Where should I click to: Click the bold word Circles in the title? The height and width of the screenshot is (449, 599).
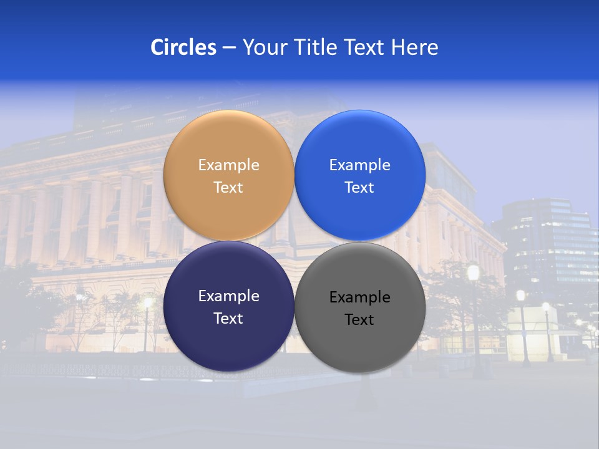[183, 47]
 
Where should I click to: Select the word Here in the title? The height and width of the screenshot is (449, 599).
[415, 47]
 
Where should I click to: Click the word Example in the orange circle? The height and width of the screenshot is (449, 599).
[228, 165]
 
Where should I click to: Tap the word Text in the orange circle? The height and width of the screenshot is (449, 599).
[228, 188]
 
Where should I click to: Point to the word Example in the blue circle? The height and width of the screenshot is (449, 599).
[359, 165]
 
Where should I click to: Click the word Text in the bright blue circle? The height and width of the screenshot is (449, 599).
[359, 188]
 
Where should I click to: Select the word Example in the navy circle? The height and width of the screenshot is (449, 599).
[228, 296]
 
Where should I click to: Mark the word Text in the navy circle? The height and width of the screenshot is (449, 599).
[228, 319]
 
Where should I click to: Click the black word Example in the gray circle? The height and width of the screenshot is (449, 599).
[359, 297]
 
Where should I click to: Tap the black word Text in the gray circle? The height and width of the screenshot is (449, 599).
[359, 320]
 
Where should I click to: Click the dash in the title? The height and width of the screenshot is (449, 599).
[229, 48]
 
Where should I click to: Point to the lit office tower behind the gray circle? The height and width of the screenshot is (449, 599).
[549, 243]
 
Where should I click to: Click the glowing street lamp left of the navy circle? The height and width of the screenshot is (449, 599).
[148, 304]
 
